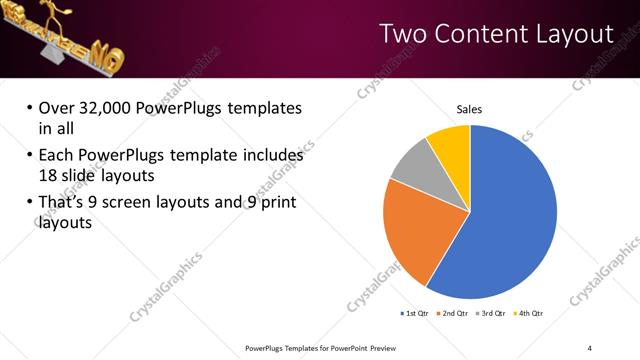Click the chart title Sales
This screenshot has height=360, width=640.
(469, 109)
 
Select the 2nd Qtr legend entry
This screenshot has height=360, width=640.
(452, 314)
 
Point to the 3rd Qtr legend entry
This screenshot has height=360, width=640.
(490, 314)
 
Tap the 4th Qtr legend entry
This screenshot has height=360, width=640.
(527, 314)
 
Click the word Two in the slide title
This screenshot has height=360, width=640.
(404, 35)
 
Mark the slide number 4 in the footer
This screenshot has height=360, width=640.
(590, 347)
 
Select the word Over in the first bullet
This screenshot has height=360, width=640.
(55, 108)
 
